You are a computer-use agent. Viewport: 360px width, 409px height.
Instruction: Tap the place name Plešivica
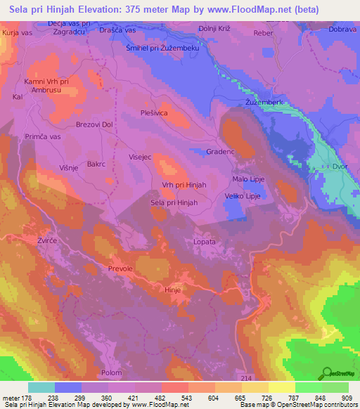155,112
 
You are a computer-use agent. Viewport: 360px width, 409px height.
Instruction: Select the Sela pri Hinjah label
174,202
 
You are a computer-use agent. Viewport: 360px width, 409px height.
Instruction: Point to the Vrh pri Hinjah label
184,184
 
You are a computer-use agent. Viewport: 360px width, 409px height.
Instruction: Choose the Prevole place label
120,268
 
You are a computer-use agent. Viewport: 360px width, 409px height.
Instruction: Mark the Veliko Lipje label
243,196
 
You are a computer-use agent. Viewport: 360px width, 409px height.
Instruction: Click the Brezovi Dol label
94,124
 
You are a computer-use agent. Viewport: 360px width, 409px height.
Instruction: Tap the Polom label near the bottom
112,372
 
